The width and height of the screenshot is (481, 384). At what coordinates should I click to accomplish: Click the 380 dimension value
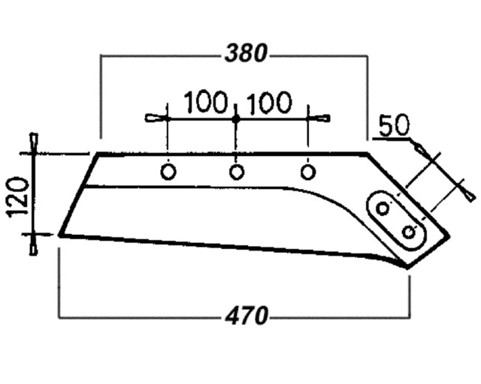click(x=246, y=53)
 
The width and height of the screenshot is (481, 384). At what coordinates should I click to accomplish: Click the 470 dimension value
click(x=247, y=316)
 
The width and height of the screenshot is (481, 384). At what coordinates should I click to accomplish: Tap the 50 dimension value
click(x=394, y=125)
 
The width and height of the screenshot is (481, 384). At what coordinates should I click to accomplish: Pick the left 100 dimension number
click(x=206, y=102)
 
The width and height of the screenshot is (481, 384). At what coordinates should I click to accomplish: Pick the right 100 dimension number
click(x=269, y=102)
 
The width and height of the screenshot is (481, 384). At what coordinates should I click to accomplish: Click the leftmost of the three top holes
click(x=168, y=172)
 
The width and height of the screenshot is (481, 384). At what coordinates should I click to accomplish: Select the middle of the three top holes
click(x=237, y=172)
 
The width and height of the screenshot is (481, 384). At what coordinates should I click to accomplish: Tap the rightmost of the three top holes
click(x=307, y=172)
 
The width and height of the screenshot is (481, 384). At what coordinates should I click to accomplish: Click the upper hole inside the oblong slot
click(x=383, y=208)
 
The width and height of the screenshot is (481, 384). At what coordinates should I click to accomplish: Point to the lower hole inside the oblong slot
click(x=409, y=232)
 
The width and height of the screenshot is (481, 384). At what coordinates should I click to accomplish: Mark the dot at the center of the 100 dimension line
click(x=235, y=119)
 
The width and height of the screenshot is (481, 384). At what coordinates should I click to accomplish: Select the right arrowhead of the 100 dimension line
click(x=319, y=118)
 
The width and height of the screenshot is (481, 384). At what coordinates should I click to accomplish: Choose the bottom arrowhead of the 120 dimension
click(x=33, y=245)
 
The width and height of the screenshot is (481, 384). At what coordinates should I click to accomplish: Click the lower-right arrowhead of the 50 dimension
click(x=468, y=193)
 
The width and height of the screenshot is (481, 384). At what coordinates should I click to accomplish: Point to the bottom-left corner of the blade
click(x=60, y=235)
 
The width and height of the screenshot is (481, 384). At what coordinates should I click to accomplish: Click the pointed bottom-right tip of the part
click(x=407, y=268)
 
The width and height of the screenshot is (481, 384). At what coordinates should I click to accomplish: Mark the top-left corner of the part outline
click(x=98, y=153)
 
